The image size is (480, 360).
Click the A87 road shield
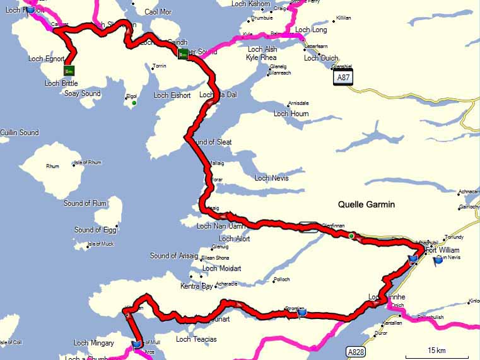(x=343, y=77)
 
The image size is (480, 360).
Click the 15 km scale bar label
(x=436, y=350)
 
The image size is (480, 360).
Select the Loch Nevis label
(x=271, y=178)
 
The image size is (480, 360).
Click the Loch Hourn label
(x=291, y=113)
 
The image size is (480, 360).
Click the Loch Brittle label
(x=61, y=83)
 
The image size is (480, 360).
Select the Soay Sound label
(x=82, y=94)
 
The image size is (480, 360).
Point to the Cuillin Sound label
(x=20, y=132)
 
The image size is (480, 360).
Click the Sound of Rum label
(x=85, y=203)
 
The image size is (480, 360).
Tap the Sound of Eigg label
(x=96, y=229)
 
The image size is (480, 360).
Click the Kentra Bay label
(x=197, y=286)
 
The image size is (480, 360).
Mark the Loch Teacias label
(x=196, y=339)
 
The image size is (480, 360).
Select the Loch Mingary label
(x=94, y=343)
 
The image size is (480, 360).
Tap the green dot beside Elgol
(x=134, y=103)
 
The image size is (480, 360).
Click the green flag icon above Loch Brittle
(x=69, y=69)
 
